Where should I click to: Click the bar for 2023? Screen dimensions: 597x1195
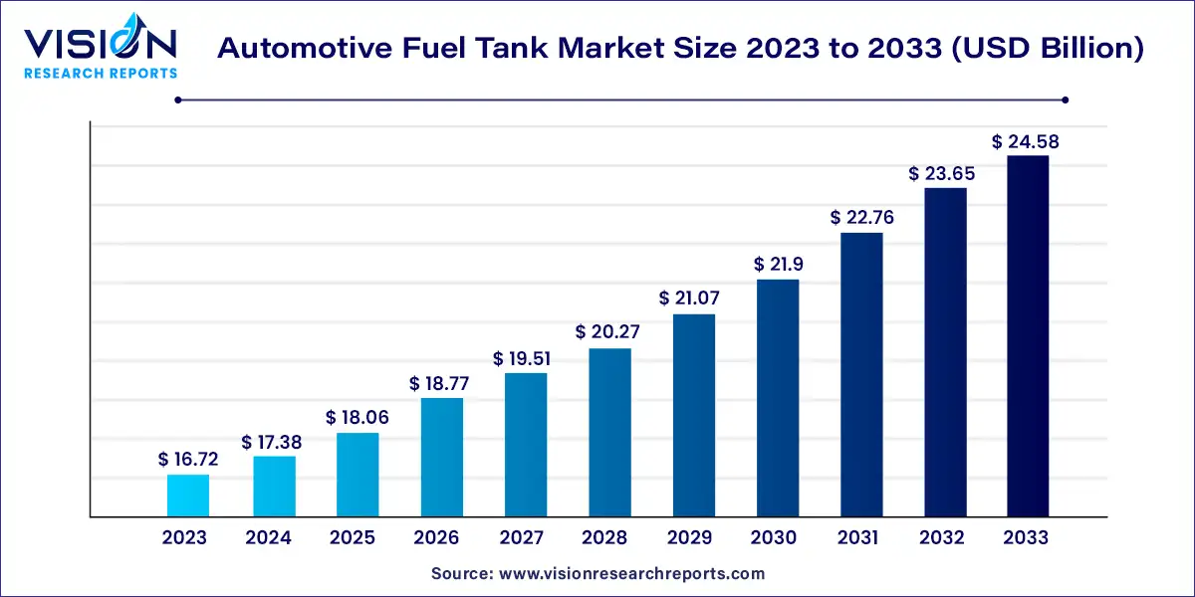click(188, 496)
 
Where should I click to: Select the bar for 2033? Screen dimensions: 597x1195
click(1027, 336)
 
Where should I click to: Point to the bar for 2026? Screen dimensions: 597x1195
click(440, 458)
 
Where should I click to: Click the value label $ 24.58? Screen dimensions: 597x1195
click(1026, 142)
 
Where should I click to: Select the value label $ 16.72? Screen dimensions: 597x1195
click(188, 460)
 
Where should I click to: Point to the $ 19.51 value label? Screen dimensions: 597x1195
click(524, 358)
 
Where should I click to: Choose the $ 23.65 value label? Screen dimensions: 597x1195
click(942, 173)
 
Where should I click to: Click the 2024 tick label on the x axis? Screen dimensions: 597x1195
click(269, 538)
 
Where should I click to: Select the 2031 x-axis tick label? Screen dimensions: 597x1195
click(857, 538)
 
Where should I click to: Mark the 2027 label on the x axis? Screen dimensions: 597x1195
click(521, 538)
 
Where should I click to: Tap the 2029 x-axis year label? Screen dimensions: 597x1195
click(689, 538)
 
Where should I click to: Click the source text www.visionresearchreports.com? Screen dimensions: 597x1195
click(597, 574)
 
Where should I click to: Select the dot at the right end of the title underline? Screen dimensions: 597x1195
click(1065, 99)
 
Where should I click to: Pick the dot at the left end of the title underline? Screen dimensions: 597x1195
click(178, 99)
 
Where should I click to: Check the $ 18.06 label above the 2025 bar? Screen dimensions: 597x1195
click(357, 418)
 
